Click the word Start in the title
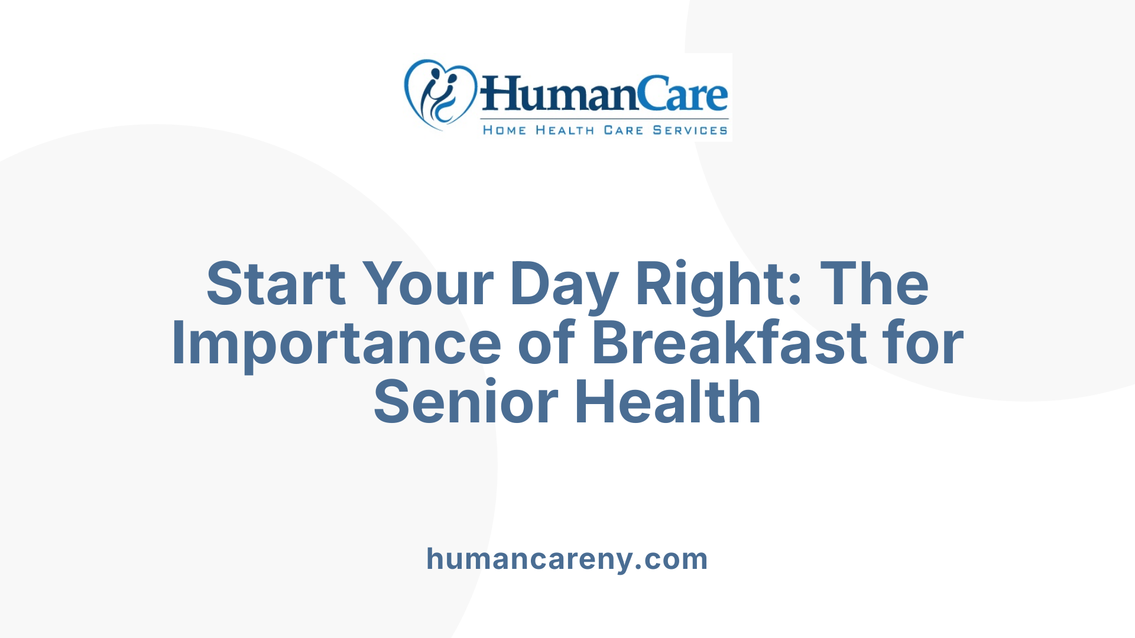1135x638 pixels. point(275,284)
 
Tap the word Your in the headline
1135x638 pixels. point(427,284)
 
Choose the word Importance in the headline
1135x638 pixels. point(336,343)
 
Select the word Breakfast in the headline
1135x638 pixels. point(729,343)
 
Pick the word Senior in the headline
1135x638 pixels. point(466,402)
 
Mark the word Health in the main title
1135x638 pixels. point(668,402)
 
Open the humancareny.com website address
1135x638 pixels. point(567,559)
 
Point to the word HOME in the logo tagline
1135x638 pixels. point(504,130)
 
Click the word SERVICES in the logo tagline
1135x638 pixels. point(690,130)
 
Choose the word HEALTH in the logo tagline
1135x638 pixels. point(565,130)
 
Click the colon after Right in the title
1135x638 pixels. point(795,287)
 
